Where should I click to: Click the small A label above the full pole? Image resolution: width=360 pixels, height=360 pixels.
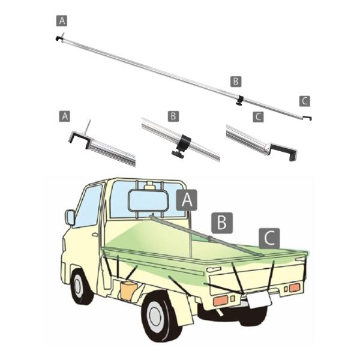62,20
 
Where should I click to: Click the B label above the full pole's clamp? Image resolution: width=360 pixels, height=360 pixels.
236,80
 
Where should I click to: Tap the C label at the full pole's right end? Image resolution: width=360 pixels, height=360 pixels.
305,100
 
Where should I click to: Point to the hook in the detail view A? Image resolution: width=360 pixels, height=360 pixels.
80,140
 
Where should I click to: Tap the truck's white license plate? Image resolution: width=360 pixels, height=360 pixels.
259,299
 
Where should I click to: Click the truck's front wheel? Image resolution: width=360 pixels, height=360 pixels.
79,287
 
